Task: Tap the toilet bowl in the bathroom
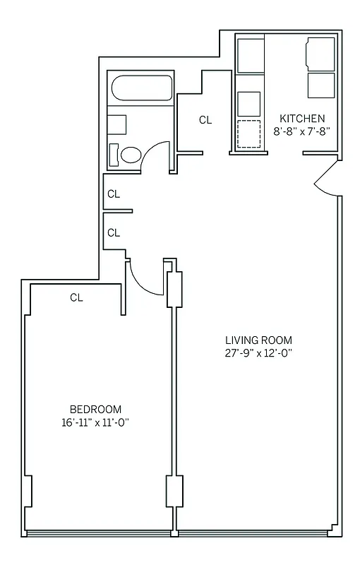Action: coord(129,154)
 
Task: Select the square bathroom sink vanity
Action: coord(116,124)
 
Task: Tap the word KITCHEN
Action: coord(302,119)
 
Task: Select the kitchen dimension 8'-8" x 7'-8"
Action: coord(302,131)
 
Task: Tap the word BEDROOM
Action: coord(95,410)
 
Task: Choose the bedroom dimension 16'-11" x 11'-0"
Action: coord(95,422)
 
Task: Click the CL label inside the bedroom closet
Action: coord(76,298)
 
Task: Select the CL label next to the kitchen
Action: coord(205,120)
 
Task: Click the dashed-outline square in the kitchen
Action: coord(249,133)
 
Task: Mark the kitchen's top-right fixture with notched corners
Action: coord(320,54)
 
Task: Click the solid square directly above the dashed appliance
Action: coord(249,103)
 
